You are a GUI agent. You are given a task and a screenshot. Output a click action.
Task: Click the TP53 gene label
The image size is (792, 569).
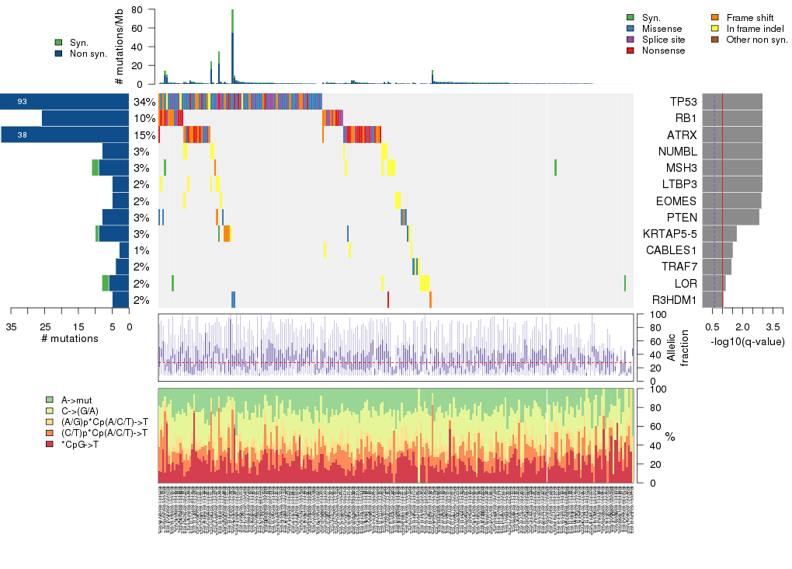[683, 102]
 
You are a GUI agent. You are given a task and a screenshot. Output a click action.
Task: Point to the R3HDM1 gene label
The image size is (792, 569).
[674, 299]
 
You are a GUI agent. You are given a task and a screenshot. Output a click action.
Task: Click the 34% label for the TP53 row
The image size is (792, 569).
[144, 102]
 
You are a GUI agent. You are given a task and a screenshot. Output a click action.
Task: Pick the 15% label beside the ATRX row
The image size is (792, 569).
[144, 134]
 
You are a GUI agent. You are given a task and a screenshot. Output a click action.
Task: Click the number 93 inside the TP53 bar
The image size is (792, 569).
[23, 102]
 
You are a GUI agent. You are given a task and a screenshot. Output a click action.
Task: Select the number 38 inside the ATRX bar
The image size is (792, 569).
[23, 134]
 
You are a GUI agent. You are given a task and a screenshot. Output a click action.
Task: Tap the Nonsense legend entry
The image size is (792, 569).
[663, 51]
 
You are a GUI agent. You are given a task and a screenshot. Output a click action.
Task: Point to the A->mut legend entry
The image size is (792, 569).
[77, 400]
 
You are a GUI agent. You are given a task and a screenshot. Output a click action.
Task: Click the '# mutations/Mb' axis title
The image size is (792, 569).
[119, 47]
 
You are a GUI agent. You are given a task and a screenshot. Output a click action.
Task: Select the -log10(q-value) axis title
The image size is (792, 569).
[748, 341]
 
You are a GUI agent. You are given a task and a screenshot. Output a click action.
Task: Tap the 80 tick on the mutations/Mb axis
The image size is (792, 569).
[137, 9]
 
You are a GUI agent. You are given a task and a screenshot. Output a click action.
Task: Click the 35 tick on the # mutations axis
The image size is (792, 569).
[11, 326]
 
